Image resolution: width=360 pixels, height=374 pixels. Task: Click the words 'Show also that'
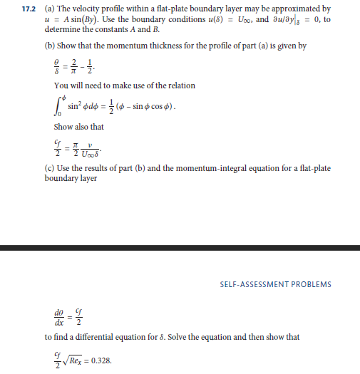click(x=78, y=127)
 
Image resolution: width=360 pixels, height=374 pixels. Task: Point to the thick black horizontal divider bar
click(x=180, y=248)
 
